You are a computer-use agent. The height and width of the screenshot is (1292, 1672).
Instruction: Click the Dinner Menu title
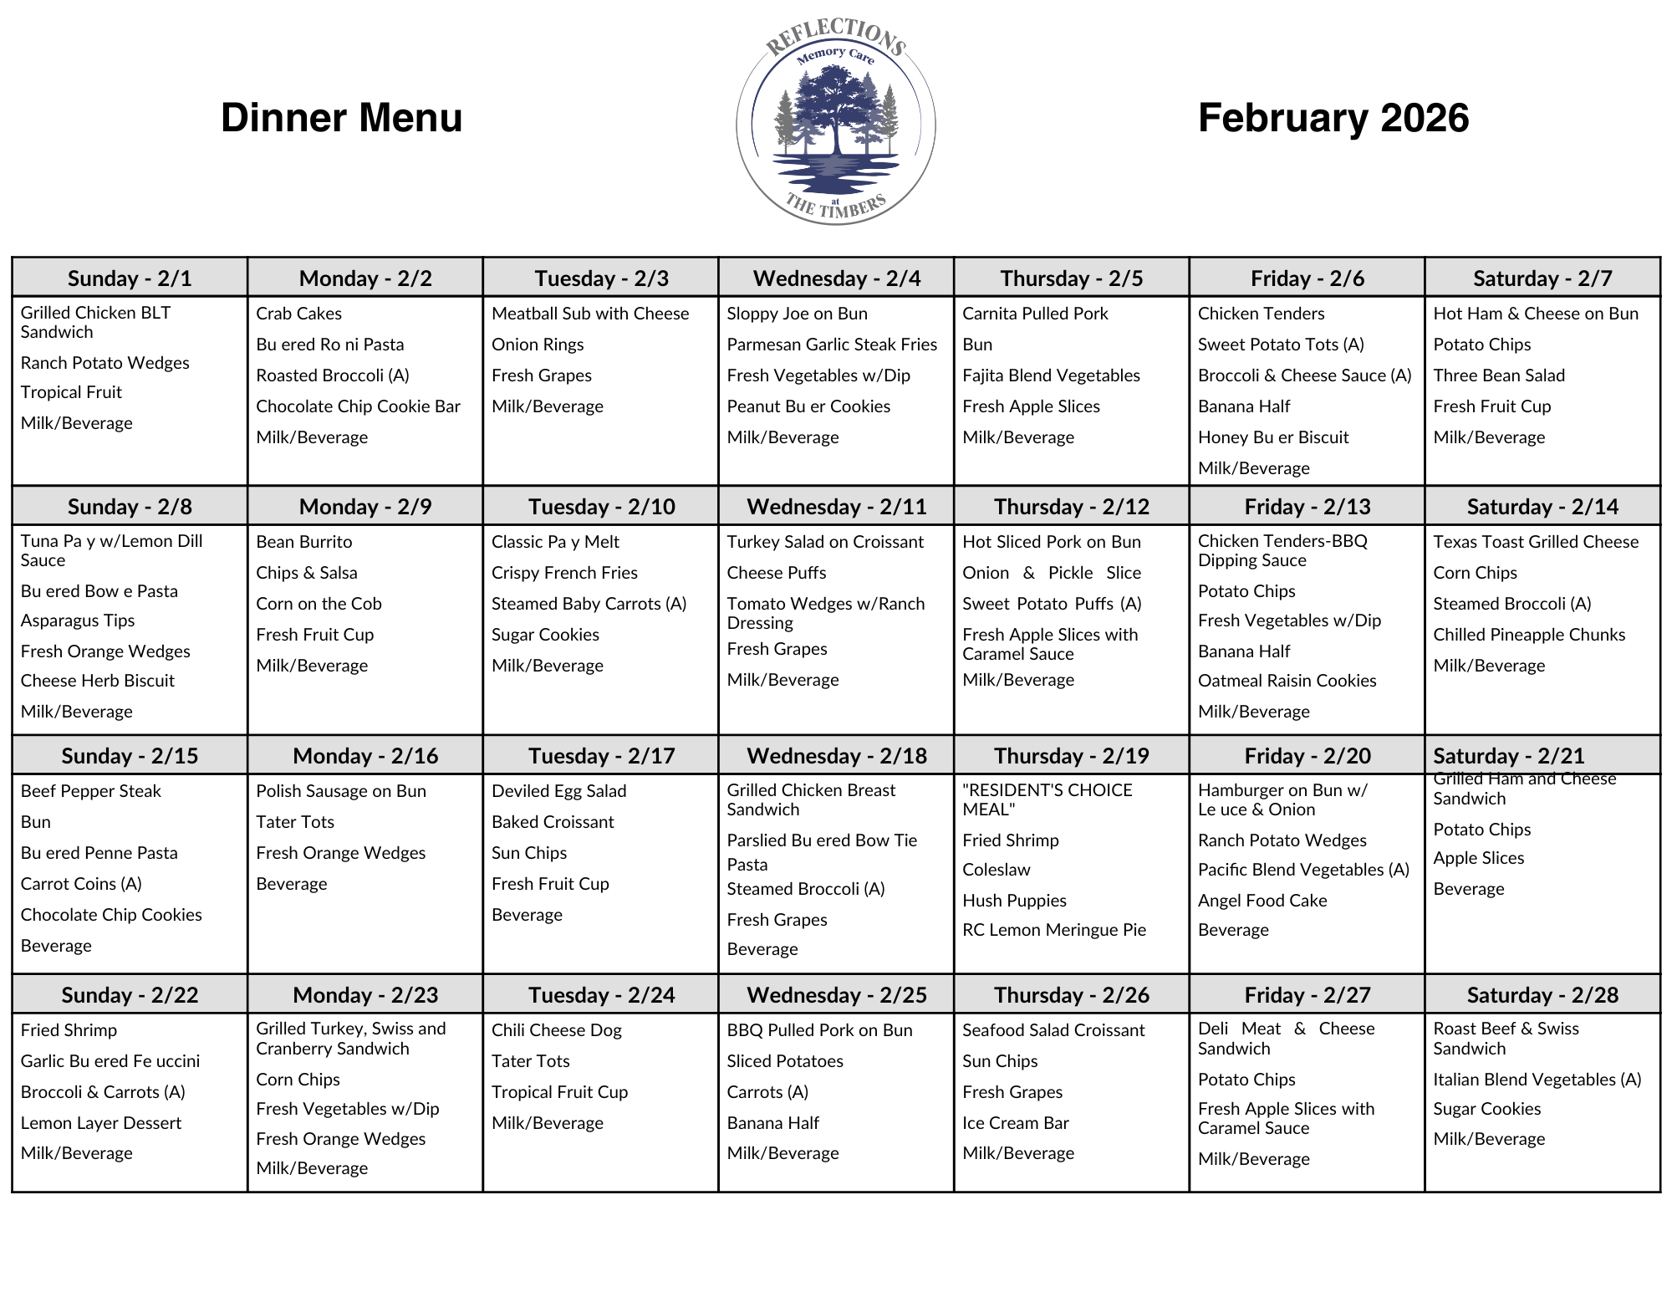341,118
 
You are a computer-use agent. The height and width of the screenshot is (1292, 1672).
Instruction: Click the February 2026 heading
1333,118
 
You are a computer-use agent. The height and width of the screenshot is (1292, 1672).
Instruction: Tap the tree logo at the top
835,125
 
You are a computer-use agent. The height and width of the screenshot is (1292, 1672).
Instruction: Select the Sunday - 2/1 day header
130,278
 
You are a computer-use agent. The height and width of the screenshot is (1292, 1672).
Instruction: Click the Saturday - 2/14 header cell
1542,506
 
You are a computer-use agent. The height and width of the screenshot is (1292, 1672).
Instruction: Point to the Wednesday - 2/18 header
836,756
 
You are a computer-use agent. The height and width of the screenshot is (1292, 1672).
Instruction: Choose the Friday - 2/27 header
1307,994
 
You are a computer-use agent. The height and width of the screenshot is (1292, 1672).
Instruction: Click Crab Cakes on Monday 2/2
298,314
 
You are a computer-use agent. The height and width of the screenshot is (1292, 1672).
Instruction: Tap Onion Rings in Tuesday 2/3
538,345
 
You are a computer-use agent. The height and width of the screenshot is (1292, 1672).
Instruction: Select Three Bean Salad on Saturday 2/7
1499,375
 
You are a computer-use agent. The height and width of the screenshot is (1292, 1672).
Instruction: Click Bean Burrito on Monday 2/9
304,542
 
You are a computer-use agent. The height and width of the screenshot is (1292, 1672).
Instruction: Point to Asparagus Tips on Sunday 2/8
78,620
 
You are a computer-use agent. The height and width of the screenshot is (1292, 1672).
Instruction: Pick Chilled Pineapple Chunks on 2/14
1529,635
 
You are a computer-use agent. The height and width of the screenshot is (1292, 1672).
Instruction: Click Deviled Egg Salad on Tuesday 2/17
558,791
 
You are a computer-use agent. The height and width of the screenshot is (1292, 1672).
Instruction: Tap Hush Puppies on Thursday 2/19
1014,901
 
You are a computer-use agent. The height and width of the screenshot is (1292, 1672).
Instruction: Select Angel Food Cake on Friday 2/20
1262,901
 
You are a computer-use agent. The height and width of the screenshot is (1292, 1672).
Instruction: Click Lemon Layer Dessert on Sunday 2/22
100,1123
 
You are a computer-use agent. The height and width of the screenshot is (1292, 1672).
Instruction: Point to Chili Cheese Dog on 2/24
556,1030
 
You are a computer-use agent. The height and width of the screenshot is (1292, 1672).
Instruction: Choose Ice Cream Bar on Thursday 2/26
1015,1123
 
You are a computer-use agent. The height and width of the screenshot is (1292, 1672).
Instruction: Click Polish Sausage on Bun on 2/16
341,791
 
